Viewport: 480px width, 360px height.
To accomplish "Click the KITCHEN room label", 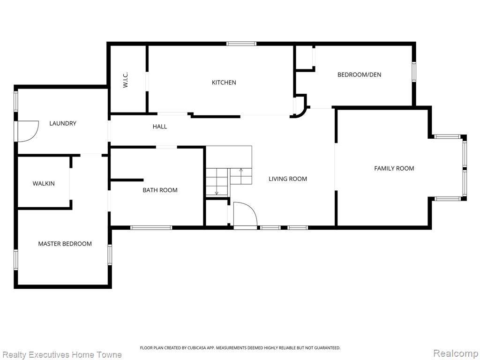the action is point(224,82).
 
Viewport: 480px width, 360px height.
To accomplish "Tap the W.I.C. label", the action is point(125,80).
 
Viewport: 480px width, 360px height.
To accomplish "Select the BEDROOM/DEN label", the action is point(359,75).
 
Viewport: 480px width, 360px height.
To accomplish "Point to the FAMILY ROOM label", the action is point(394,168).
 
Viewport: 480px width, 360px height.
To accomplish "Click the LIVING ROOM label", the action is point(288,179).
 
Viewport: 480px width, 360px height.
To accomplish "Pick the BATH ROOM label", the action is point(160,190).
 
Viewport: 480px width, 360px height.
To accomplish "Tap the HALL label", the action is point(160,127).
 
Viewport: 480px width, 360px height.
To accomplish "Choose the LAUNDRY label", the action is point(63,123).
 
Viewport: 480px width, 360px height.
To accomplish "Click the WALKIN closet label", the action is point(44,184).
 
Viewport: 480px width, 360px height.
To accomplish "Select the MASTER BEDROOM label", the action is point(65,244).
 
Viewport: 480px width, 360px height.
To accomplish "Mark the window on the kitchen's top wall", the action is point(241,44).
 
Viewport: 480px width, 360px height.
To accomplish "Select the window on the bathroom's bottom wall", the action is point(151,227).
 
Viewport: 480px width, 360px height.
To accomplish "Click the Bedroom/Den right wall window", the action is point(414,72).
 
